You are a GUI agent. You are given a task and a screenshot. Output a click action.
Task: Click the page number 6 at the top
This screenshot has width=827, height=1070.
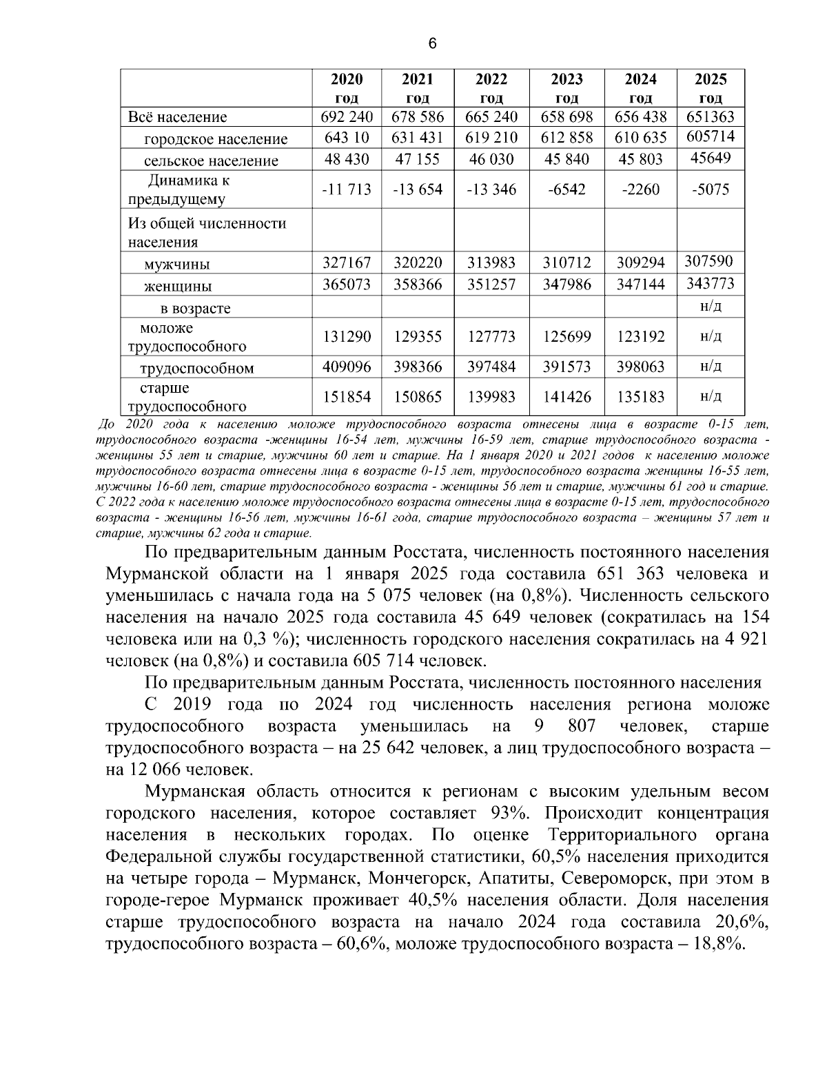(x=432, y=44)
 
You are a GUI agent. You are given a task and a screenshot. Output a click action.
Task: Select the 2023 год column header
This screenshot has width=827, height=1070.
(x=566, y=88)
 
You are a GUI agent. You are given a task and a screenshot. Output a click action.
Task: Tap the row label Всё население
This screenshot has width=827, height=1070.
(x=177, y=117)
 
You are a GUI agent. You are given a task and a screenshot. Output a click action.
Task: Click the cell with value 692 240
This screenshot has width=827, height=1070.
(x=347, y=117)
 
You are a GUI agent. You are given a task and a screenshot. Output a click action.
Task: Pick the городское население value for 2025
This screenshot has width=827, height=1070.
(x=711, y=137)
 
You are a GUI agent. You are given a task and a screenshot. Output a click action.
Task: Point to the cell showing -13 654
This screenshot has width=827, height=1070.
(x=418, y=189)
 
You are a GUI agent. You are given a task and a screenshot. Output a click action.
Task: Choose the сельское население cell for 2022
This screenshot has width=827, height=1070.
(x=491, y=160)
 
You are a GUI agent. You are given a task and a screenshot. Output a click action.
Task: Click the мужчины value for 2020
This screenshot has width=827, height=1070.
(x=347, y=263)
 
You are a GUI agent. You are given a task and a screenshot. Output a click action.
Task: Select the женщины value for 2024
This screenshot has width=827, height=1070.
(x=641, y=285)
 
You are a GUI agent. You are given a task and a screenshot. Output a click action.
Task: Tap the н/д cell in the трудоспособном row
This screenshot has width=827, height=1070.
(x=711, y=365)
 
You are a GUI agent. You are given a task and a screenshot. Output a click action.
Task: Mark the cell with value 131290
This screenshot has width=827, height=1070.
(x=347, y=337)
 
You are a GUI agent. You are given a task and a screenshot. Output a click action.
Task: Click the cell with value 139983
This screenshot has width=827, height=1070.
(x=491, y=397)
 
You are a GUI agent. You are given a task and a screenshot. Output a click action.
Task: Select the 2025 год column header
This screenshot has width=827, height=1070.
(x=711, y=88)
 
